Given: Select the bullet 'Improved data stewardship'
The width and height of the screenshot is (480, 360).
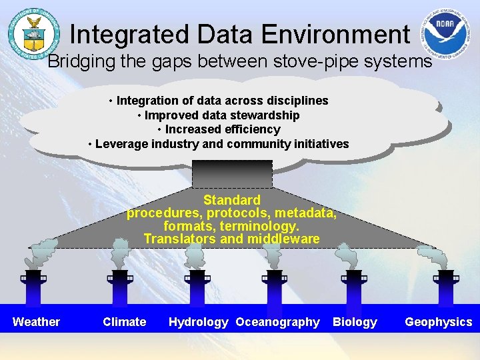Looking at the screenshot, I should pyautogui.click(x=219, y=115).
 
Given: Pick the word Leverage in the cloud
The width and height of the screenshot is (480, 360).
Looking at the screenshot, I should pyautogui.click(x=122, y=144).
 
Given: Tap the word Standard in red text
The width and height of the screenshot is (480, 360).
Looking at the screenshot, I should pyautogui.click(x=232, y=200).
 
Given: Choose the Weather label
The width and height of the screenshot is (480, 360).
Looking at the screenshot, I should pyautogui.click(x=36, y=322).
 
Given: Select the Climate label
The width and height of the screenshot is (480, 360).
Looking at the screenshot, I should pyautogui.click(x=124, y=322).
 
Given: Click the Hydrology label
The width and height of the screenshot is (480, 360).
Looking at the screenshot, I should pyautogui.click(x=198, y=322).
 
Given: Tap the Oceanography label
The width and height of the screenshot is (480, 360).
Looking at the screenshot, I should pyautogui.click(x=277, y=322).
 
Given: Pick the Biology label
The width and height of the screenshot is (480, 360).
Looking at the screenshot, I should pyautogui.click(x=355, y=322).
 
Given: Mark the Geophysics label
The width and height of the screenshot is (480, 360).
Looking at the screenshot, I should pyautogui.click(x=438, y=322).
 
